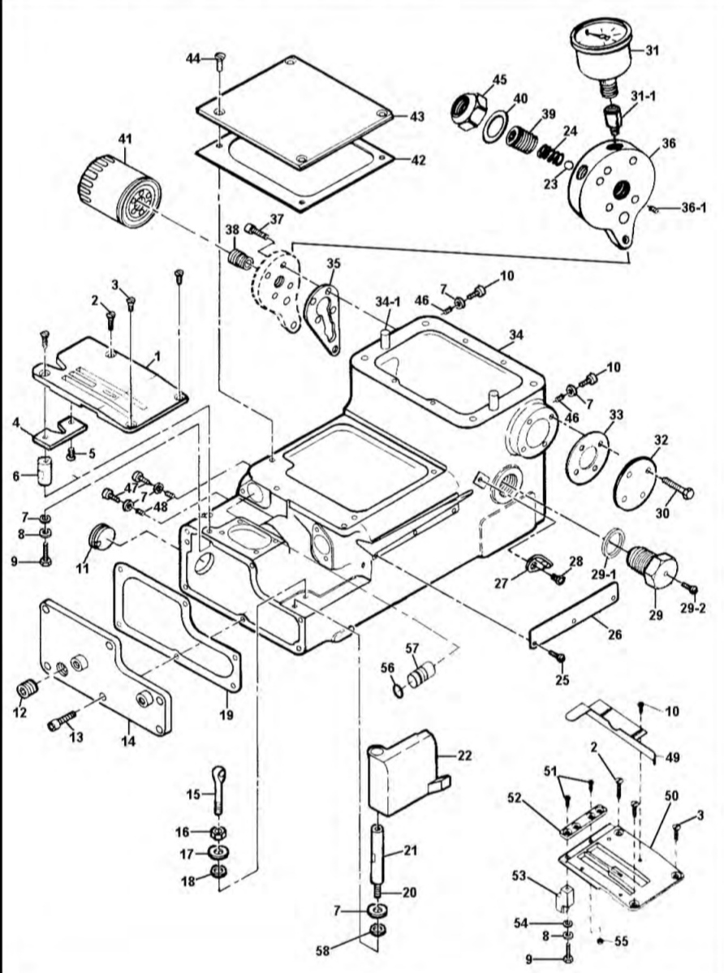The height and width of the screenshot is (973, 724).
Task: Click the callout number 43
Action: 417,116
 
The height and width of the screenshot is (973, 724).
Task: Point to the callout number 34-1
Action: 388,302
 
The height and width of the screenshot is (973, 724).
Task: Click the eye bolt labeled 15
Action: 218,790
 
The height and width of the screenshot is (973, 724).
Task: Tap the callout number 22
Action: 464,756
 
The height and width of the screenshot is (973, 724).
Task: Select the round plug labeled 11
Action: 99,536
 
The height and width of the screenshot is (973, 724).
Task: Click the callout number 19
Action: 226,715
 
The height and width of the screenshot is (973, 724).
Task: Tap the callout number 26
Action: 614,635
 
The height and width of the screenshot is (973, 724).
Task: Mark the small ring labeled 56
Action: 399,690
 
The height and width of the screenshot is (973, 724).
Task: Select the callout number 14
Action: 128,741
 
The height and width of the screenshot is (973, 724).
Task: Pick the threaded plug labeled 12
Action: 25,690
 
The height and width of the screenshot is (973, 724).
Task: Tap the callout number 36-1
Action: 694,207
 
